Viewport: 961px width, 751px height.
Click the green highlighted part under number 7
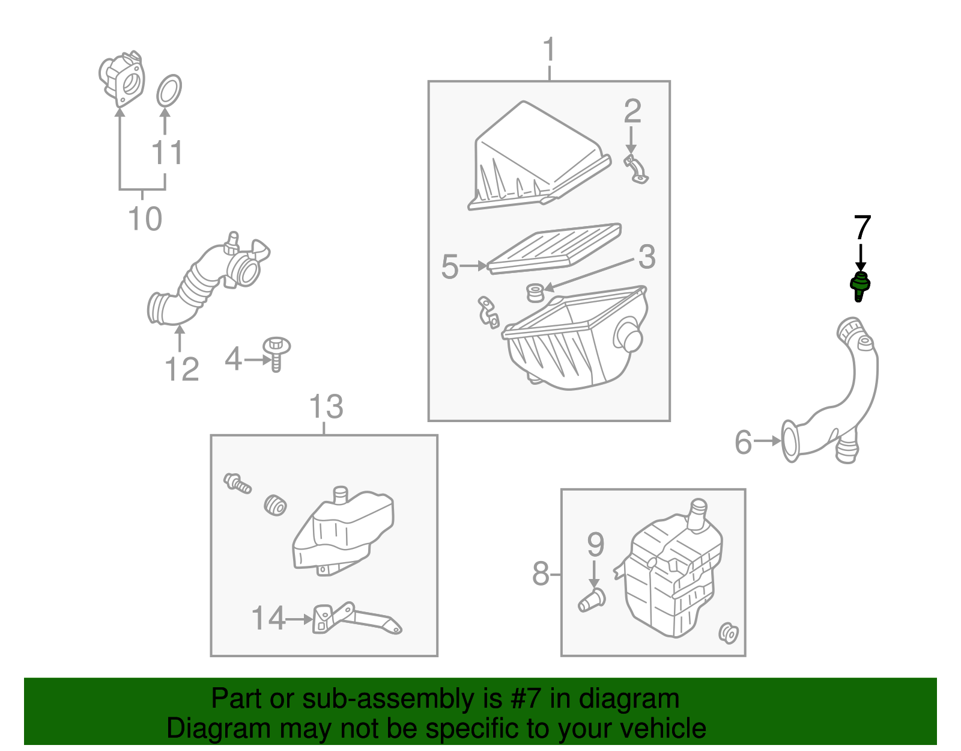click(860, 286)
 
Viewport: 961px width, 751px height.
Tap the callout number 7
click(862, 228)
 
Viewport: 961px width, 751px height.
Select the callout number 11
click(167, 153)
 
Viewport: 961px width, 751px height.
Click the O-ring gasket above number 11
click(169, 90)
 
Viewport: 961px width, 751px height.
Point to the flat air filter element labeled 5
click(554, 248)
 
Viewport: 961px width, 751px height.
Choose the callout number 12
click(181, 369)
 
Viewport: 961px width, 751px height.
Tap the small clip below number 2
click(636, 170)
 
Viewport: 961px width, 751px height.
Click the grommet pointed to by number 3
click(535, 293)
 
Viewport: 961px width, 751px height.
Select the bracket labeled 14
click(354, 619)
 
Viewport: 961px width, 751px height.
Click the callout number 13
click(326, 406)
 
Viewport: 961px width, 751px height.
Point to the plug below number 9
click(592, 599)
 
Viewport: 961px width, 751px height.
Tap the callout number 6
click(743, 443)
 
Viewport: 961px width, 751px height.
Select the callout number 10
click(145, 218)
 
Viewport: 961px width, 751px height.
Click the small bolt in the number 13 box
click(237, 482)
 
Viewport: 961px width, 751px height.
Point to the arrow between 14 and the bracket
click(299, 619)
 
